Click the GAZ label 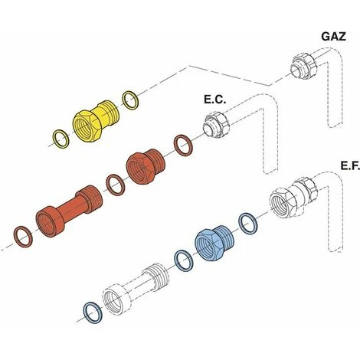tap(333, 37)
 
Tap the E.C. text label tap(215, 100)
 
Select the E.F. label tap(350, 166)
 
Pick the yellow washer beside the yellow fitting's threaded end tap(131, 100)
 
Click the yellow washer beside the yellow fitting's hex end tap(61, 139)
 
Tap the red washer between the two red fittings tap(115, 185)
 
